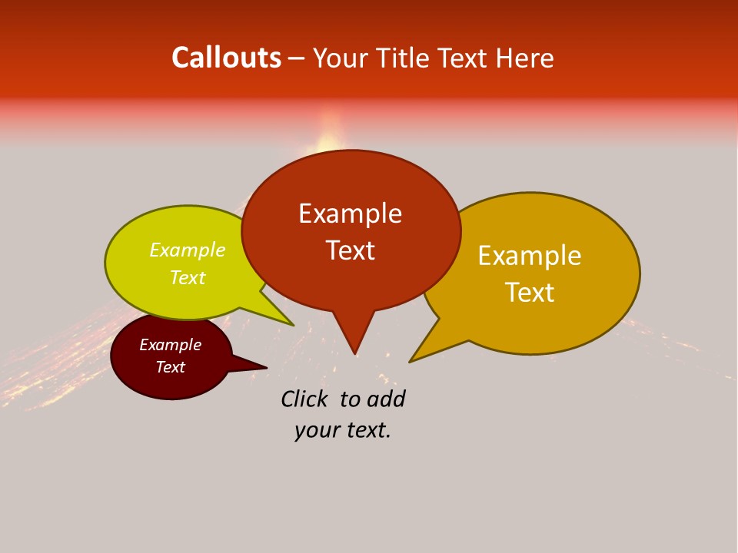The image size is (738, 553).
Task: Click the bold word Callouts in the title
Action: coord(226,58)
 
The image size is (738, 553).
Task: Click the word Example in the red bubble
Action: coord(350,214)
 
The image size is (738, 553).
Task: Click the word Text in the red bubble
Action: coord(350,250)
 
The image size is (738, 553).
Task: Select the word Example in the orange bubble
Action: coord(530,256)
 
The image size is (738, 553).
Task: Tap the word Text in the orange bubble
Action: coord(530,293)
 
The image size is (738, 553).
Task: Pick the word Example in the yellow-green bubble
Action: coord(188,250)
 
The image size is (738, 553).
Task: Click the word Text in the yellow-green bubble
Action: coord(188,278)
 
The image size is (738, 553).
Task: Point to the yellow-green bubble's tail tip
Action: coord(292,324)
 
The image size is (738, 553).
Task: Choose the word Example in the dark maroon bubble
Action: coord(170,345)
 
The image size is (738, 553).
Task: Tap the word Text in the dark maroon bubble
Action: coord(170,367)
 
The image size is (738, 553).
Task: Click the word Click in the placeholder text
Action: coord(304,399)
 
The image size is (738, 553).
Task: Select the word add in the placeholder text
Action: coord(387,399)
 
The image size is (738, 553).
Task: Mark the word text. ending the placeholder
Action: coord(365,430)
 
